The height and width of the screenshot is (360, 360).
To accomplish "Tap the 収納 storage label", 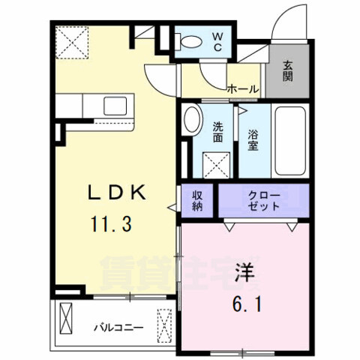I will tap(198, 200).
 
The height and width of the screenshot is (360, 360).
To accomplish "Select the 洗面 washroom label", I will tap(217, 132).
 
